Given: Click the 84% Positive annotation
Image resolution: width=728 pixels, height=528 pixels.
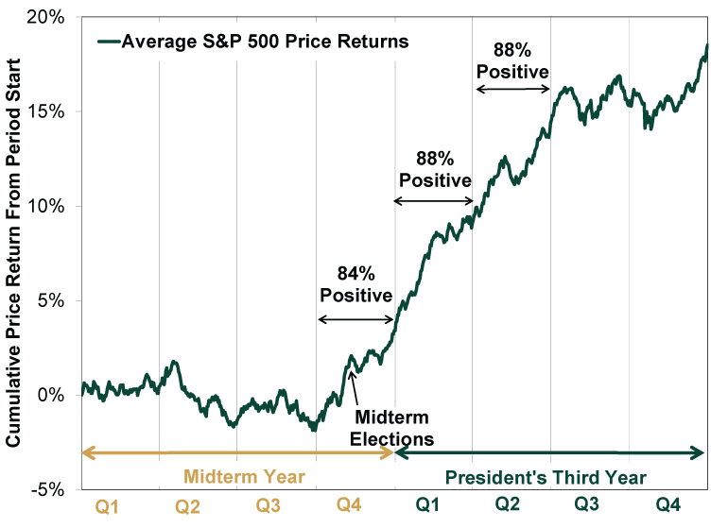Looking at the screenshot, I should (x=355, y=283).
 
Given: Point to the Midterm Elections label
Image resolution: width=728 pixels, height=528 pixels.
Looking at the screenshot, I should (x=391, y=428).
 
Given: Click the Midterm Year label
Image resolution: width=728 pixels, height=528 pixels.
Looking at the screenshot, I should (x=244, y=476).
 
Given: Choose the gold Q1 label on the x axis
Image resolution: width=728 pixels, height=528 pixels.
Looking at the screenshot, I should (x=108, y=507).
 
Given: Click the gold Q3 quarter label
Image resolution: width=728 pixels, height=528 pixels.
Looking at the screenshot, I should (x=269, y=507).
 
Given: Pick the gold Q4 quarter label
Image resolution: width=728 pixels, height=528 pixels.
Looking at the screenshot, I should (x=349, y=507).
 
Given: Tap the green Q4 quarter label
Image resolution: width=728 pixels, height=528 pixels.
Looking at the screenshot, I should (x=668, y=507).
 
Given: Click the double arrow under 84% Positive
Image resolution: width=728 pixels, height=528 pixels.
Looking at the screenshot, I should (x=355, y=320).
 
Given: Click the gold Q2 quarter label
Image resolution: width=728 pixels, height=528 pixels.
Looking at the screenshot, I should (x=188, y=507).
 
